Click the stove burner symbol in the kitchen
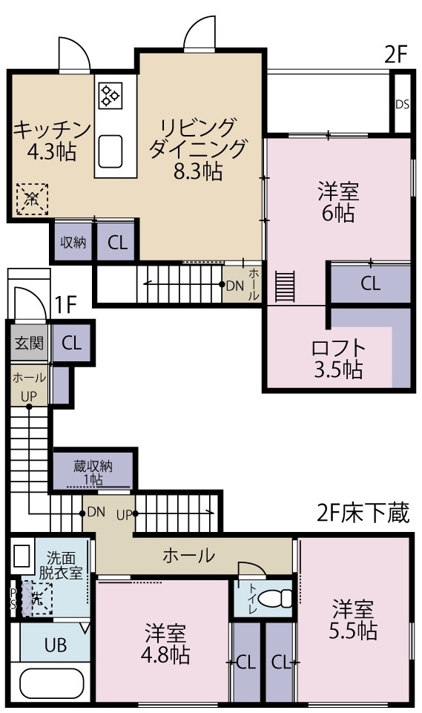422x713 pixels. click(111, 95)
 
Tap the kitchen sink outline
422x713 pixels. click(111, 151)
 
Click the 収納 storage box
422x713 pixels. click(73, 243)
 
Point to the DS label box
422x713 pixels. click(402, 104)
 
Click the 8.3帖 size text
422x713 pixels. click(197, 172)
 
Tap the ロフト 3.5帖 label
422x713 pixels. click(338, 358)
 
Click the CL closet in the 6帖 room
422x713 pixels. click(370, 283)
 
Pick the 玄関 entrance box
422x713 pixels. click(29, 343)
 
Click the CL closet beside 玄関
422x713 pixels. click(71, 343)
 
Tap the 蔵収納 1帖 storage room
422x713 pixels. click(93, 472)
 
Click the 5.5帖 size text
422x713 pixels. click(354, 631)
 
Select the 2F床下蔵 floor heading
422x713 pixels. click(363, 513)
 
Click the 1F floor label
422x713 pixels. click(67, 303)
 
